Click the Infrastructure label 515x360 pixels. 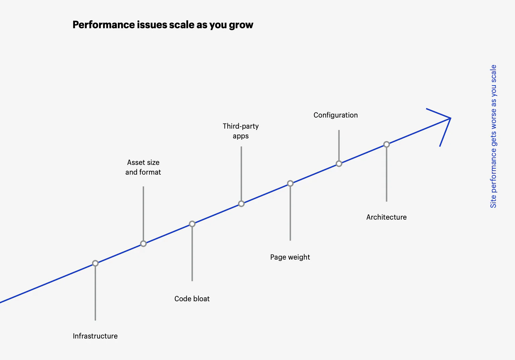95,336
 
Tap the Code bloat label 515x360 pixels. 192,299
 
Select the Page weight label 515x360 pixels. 290,257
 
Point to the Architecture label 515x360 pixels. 386,217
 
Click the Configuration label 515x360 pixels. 335,115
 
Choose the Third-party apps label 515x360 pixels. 241,131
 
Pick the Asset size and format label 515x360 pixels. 143,167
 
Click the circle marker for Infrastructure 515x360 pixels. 95,263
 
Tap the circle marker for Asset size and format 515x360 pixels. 143,243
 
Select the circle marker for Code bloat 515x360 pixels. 192,224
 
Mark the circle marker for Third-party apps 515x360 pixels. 241,204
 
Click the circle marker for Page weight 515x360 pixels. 290,183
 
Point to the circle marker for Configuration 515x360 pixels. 339,164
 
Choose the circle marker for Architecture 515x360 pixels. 386,144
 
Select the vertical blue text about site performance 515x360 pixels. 493,136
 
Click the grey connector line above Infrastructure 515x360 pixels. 95,292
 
